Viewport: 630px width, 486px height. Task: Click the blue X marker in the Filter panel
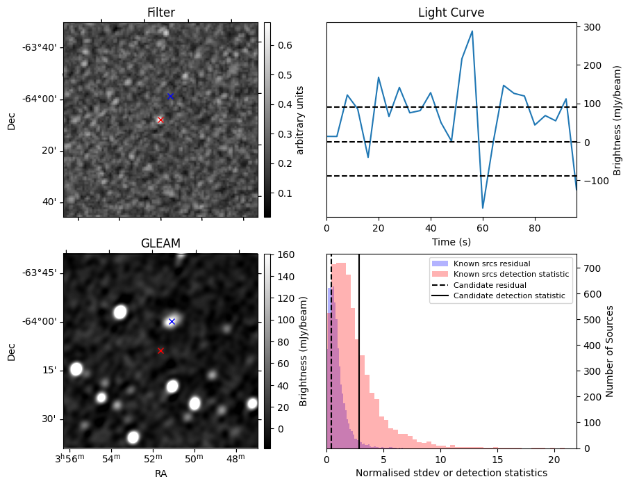pyautogui.click(x=170, y=96)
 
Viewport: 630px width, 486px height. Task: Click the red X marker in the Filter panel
pyautogui.click(x=160, y=120)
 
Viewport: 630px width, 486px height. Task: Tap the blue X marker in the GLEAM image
pyautogui.click(x=172, y=321)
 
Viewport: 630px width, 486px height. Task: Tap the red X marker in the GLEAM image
pyautogui.click(x=160, y=350)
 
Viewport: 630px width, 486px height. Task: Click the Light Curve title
pyautogui.click(x=451, y=13)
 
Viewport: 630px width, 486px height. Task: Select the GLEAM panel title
pyautogui.click(x=160, y=243)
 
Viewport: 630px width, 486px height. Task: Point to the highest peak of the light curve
pyautogui.click(x=472, y=31)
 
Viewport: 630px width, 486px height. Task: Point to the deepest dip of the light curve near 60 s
pyautogui.click(x=483, y=208)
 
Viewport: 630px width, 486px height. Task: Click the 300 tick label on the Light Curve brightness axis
pyautogui.click(x=592, y=27)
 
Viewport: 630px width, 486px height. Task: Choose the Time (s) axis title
pyautogui.click(x=451, y=241)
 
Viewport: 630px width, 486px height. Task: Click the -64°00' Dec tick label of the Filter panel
pyautogui.click(x=42, y=99)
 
